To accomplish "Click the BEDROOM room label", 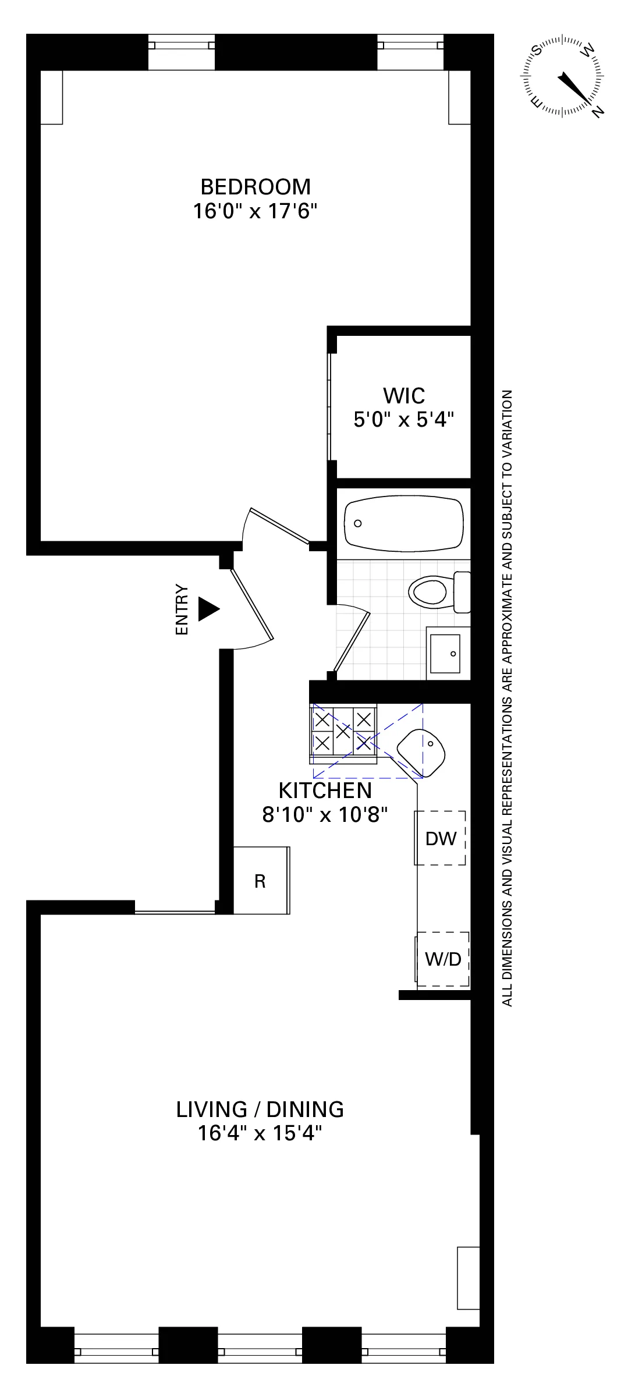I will point(256,187).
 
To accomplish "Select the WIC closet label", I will point(403,396).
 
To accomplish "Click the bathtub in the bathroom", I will point(403,523).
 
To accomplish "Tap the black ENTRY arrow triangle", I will point(208,609).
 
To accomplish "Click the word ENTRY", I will point(182,609).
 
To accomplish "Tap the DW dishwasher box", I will point(441,838).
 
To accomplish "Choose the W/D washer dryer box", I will point(443,959).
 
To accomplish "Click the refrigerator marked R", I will point(260,881).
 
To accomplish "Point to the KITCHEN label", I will point(325,790).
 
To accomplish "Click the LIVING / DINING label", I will point(260,1109).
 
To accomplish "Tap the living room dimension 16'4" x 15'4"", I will point(260,1133).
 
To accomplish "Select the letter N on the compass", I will point(597,112).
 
